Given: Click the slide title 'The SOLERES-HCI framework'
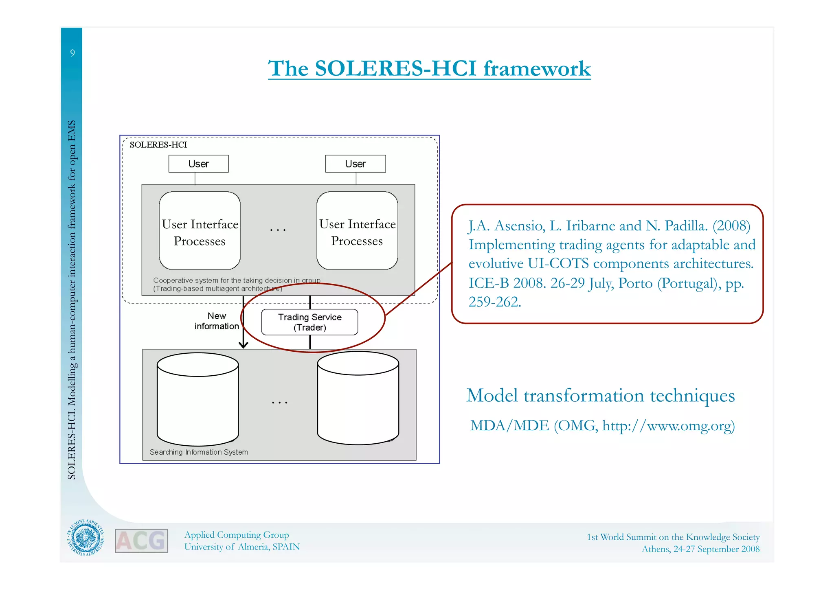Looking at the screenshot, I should [x=429, y=68].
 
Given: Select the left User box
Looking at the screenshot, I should [x=198, y=164].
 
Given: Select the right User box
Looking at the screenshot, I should [x=355, y=164].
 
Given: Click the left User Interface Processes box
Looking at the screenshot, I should [x=200, y=231].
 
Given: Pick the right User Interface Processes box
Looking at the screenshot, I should [x=357, y=231].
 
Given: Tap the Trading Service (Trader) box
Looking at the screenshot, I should [x=309, y=322].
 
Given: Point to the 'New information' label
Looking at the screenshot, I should [x=217, y=321].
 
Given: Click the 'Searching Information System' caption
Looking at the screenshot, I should [x=199, y=452].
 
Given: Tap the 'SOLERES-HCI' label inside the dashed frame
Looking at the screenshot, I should [x=158, y=145].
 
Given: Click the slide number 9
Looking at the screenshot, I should [x=72, y=53].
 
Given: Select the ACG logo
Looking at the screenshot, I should [x=141, y=541].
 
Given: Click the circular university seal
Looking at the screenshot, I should [x=86, y=538].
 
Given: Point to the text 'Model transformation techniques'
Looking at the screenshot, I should [x=600, y=396].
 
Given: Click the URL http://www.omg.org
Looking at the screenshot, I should [x=668, y=426].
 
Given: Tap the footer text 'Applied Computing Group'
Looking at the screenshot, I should [x=237, y=535].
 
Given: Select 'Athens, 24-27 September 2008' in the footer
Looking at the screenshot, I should [x=700, y=549].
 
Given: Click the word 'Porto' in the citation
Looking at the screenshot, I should [x=635, y=283].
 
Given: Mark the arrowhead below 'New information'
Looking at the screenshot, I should [x=244, y=345].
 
